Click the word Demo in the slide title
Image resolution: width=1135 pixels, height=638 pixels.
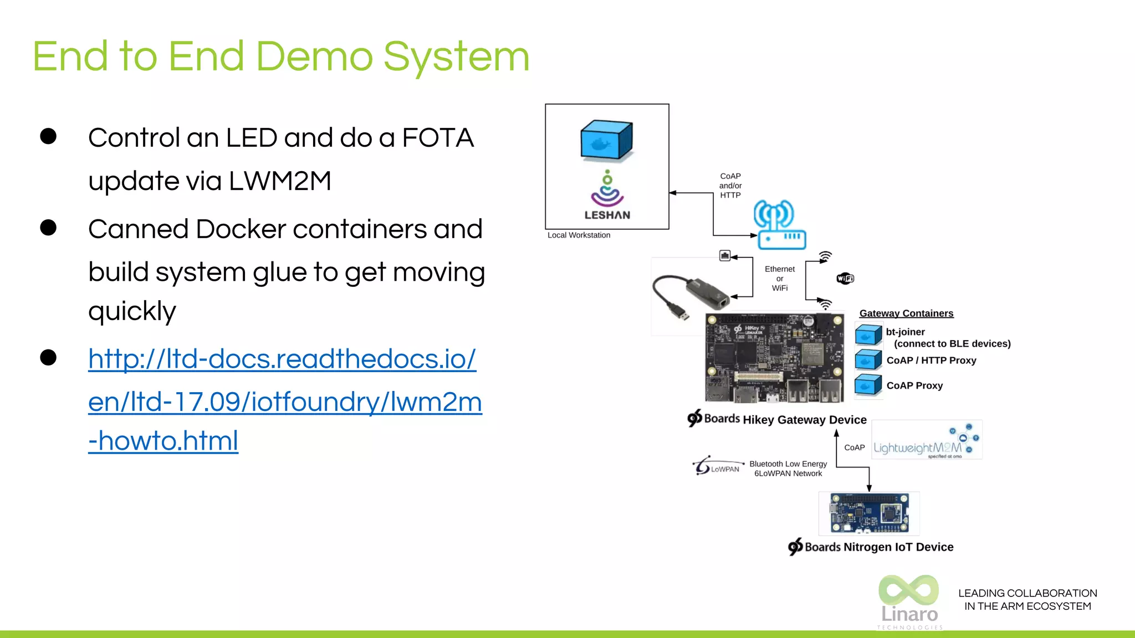coord(314,56)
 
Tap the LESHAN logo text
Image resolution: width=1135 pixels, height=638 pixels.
coord(607,215)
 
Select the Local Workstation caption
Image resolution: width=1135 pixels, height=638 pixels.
coord(579,235)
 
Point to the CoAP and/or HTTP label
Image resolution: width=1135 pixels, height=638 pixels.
coord(730,186)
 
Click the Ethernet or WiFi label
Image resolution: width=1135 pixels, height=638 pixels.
coord(779,279)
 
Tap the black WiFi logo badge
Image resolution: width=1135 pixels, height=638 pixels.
coord(845,278)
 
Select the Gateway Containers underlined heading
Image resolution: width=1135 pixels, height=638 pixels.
coord(906,313)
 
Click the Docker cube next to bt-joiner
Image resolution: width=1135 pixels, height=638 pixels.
coord(868,335)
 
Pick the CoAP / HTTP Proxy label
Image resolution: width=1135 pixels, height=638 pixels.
coord(931,361)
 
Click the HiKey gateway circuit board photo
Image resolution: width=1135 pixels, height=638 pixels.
coord(774,357)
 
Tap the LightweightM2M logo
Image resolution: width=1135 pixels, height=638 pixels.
coord(926,441)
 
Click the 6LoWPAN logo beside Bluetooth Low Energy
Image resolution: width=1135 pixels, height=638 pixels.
coord(717,466)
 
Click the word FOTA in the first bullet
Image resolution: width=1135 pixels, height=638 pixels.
coord(437,138)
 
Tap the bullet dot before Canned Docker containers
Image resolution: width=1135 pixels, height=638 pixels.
coord(48,228)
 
